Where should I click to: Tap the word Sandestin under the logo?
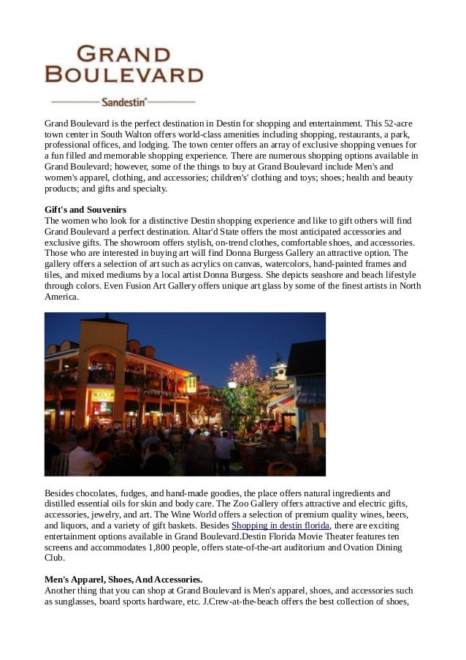pyautogui.click(x=123, y=102)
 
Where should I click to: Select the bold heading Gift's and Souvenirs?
pyautogui.click(x=85, y=210)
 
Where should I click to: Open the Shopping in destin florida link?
pyautogui.click(x=280, y=526)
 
